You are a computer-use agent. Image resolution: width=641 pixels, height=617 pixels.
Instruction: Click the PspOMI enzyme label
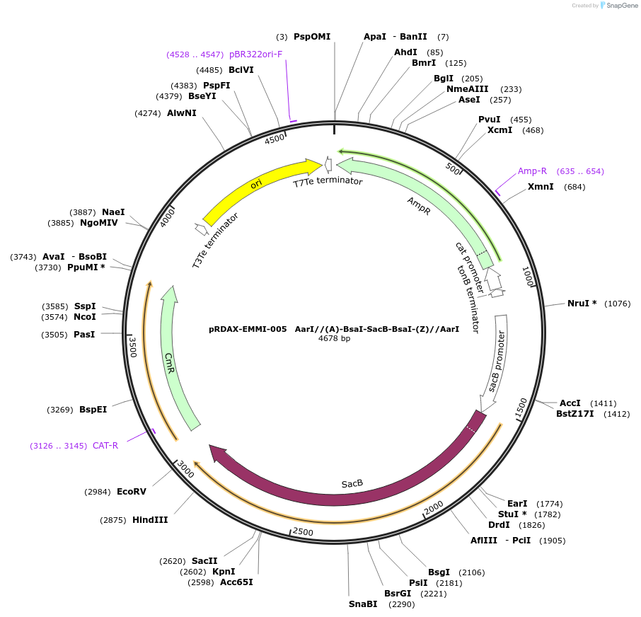point(312,36)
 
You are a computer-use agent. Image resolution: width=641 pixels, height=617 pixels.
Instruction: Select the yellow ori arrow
point(262,186)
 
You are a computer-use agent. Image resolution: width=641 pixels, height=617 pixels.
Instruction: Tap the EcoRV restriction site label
point(131,491)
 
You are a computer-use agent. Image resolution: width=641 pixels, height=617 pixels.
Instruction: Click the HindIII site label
point(150,519)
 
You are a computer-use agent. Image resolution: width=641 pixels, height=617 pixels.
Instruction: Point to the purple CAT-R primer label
point(105,446)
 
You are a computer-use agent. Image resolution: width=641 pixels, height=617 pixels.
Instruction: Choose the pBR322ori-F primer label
point(255,54)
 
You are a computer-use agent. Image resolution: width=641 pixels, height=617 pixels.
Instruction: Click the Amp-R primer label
point(532,171)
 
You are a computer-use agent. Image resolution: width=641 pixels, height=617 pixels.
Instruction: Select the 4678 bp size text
point(334,338)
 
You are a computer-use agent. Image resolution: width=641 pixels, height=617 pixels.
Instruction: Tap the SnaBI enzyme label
point(363,604)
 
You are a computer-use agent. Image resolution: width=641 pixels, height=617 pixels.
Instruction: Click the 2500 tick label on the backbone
point(303,531)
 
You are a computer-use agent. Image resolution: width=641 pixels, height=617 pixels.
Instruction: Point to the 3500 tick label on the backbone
point(132,347)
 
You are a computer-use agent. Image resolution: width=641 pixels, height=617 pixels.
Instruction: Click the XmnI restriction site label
point(541,187)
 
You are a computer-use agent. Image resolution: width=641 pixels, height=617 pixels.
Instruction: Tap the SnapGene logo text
point(620,6)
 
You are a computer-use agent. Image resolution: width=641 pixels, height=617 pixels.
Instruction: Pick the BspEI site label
point(93,409)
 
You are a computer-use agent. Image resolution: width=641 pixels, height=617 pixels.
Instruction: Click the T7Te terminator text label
point(328,181)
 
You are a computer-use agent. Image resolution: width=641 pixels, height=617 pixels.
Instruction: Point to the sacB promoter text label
point(497,361)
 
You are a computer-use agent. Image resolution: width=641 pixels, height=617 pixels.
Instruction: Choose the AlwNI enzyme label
point(181,113)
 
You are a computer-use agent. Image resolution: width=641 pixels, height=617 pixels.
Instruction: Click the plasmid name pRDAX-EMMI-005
point(248,329)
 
